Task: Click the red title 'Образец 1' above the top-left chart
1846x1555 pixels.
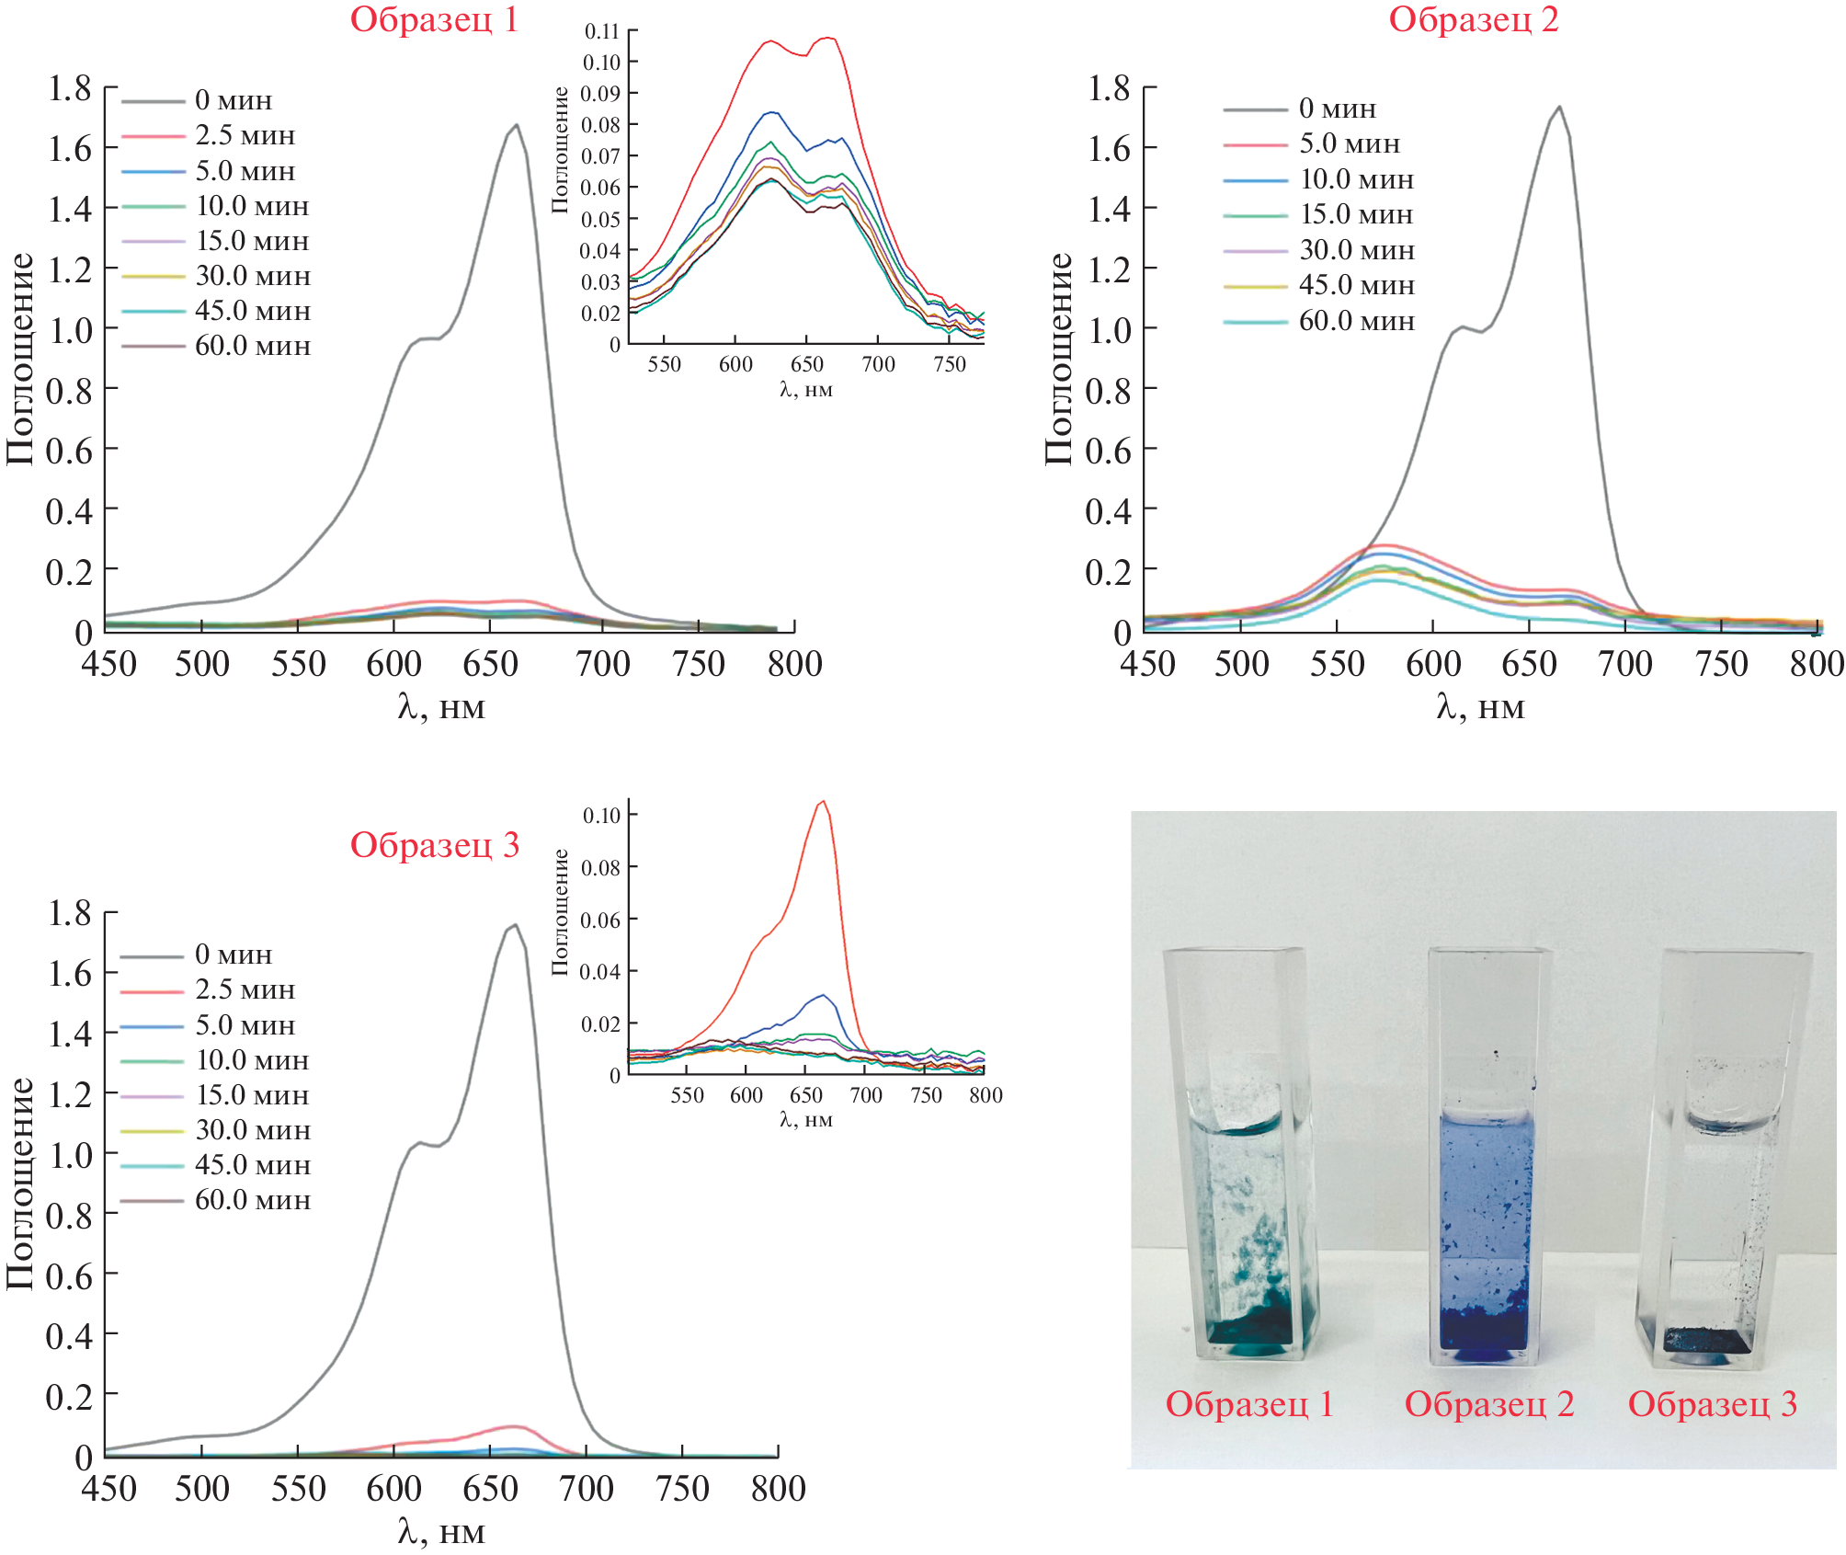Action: pos(434,20)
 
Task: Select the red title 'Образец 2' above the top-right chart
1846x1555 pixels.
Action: pos(1473,20)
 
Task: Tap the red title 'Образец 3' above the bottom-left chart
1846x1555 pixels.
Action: pos(434,845)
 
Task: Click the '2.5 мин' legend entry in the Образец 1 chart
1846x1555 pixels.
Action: pos(245,136)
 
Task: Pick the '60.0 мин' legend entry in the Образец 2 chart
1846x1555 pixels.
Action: pos(1356,322)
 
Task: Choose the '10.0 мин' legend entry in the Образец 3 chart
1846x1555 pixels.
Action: pos(252,1060)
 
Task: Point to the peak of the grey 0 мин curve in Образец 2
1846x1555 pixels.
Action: pos(1559,108)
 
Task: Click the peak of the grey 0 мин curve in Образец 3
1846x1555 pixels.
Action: pos(515,925)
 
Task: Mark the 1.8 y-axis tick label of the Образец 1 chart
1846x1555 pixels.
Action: pos(70,89)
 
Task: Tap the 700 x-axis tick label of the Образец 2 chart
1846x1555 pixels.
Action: pos(1624,664)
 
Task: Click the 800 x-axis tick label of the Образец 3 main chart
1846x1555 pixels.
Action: pos(778,1489)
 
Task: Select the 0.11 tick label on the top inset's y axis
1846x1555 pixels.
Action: pos(601,32)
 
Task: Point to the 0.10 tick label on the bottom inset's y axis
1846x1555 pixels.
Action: pos(601,816)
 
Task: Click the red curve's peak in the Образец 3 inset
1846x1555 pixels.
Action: pos(823,801)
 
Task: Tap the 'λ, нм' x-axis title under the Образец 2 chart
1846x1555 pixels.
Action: pos(1480,707)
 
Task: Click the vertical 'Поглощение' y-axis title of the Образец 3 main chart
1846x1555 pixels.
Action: pos(20,1183)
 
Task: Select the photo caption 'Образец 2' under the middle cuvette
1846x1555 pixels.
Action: pos(1489,1404)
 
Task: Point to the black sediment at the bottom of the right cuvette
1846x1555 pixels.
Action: pos(1701,1339)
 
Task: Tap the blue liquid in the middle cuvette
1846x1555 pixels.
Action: pos(1482,1195)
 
